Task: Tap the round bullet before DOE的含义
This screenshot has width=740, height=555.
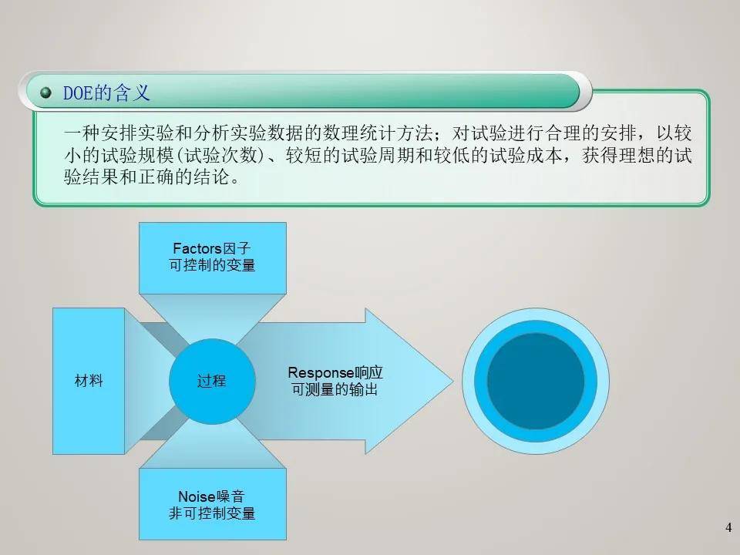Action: click(x=46, y=93)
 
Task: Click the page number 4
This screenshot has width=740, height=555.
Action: click(x=728, y=528)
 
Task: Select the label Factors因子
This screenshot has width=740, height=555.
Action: click(x=212, y=249)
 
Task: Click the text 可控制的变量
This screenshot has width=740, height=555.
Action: click(x=212, y=266)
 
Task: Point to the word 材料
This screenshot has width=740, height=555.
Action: click(x=89, y=381)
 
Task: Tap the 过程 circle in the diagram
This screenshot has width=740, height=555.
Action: click(x=211, y=381)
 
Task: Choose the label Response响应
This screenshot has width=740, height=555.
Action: click(x=335, y=372)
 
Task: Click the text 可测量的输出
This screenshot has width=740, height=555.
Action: click(x=335, y=390)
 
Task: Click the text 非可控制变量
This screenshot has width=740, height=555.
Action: click(x=212, y=513)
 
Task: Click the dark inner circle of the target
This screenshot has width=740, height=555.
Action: click(x=536, y=381)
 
